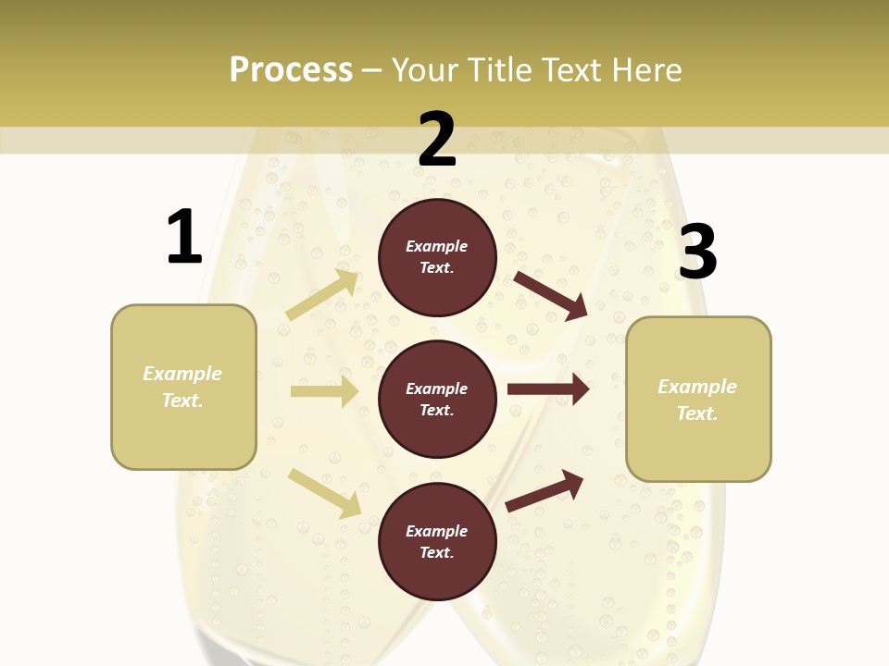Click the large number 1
184,238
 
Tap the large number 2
437,140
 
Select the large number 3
697,253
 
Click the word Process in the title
291,69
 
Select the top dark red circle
437,257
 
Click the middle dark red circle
437,399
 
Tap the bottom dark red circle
437,541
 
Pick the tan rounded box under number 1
183,387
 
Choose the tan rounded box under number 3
698,400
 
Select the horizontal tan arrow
324,391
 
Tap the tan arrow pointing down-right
324,492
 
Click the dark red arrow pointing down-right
551,295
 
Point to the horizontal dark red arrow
548,389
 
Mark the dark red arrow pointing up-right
545,490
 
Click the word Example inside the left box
182,374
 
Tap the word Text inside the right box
696,413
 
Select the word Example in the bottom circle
436,531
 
